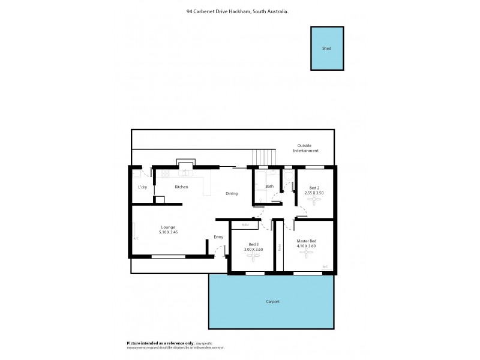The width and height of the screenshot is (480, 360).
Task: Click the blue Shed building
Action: pos(326,48)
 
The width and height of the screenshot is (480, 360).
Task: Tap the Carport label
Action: pos(272,302)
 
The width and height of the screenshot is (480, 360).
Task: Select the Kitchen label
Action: pos(181,187)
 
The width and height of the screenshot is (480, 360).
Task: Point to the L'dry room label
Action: pos(142,187)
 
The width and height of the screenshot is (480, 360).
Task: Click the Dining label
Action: pos(232,194)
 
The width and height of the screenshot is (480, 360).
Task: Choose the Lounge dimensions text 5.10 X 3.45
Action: pos(168,232)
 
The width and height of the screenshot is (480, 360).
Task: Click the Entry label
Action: pos(218,237)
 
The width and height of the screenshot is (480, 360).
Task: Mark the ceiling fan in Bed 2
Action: pos(314,201)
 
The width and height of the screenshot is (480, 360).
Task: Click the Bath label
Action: pos(269,187)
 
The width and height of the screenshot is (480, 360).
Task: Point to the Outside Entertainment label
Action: pos(305,148)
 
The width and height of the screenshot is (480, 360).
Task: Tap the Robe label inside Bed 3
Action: pos(245,225)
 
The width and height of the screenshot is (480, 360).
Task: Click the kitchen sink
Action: pos(187,173)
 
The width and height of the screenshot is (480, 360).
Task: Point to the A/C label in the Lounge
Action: pos(136,238)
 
